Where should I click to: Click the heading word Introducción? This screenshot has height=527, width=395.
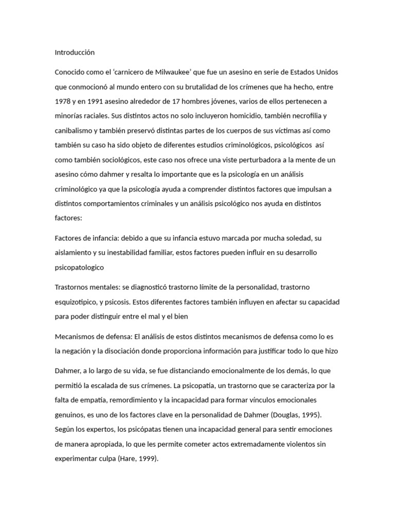click(75, 52)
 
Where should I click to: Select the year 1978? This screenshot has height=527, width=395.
click(63, 101)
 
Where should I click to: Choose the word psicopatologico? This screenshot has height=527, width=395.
click(79, 268)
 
